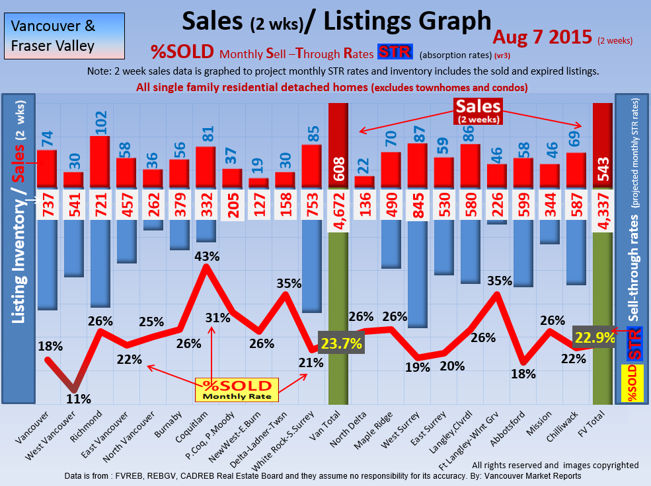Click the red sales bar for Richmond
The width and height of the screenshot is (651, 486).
pyautogui.click(x=100, y=161)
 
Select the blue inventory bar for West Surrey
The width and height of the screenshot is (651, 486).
pyautogui.click(x=417, y=274)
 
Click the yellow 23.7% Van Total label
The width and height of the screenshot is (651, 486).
pyautogui.click(x=341, y=343)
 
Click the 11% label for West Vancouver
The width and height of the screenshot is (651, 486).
pyautogui.click(x=79, y=398)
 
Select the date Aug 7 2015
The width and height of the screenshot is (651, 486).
pyautogui.click(x=542, y=37)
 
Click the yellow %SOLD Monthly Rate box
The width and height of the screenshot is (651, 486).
pyautogui.click(x=237, y=390)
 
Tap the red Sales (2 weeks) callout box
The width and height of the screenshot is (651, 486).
pyautogui.click(x=477, y=110)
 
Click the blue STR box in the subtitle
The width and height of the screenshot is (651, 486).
pyautogui.click(x=395, y=52)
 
